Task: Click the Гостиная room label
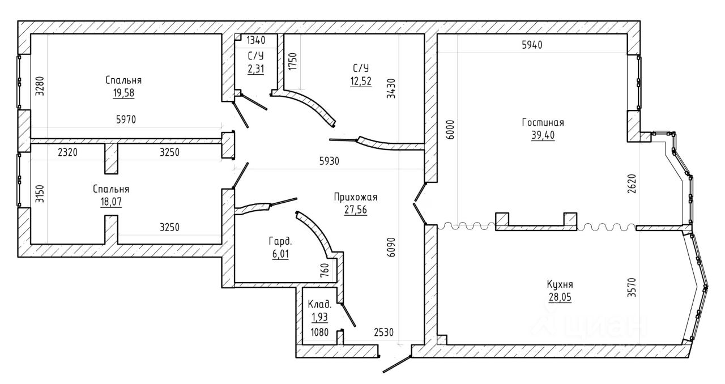[x=543, y=122]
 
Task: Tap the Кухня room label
[x=560, y=284]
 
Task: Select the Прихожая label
[x=355, y=197]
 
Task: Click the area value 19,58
[x=123, y=93]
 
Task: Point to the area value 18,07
[x=111, y=202]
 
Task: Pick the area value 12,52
[x=361, y=81]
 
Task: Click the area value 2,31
[x=255, y=69]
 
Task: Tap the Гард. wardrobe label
[x=280, y=241]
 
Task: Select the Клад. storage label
[x=319, y=304]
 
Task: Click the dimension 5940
[x=532, y=45]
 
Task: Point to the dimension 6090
[x=391, y=248]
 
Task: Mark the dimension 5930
[x=329, y=161]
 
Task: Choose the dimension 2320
[x=67, y=152]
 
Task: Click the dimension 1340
[x=255, y=40]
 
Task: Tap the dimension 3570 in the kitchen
[x=632, y=288]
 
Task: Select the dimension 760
[x=324, y=270]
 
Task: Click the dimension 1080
[x=319, y=332]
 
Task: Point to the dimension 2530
[x=383, y=332]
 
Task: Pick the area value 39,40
[x=543, y=135]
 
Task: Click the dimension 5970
[x=126, y=120]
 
